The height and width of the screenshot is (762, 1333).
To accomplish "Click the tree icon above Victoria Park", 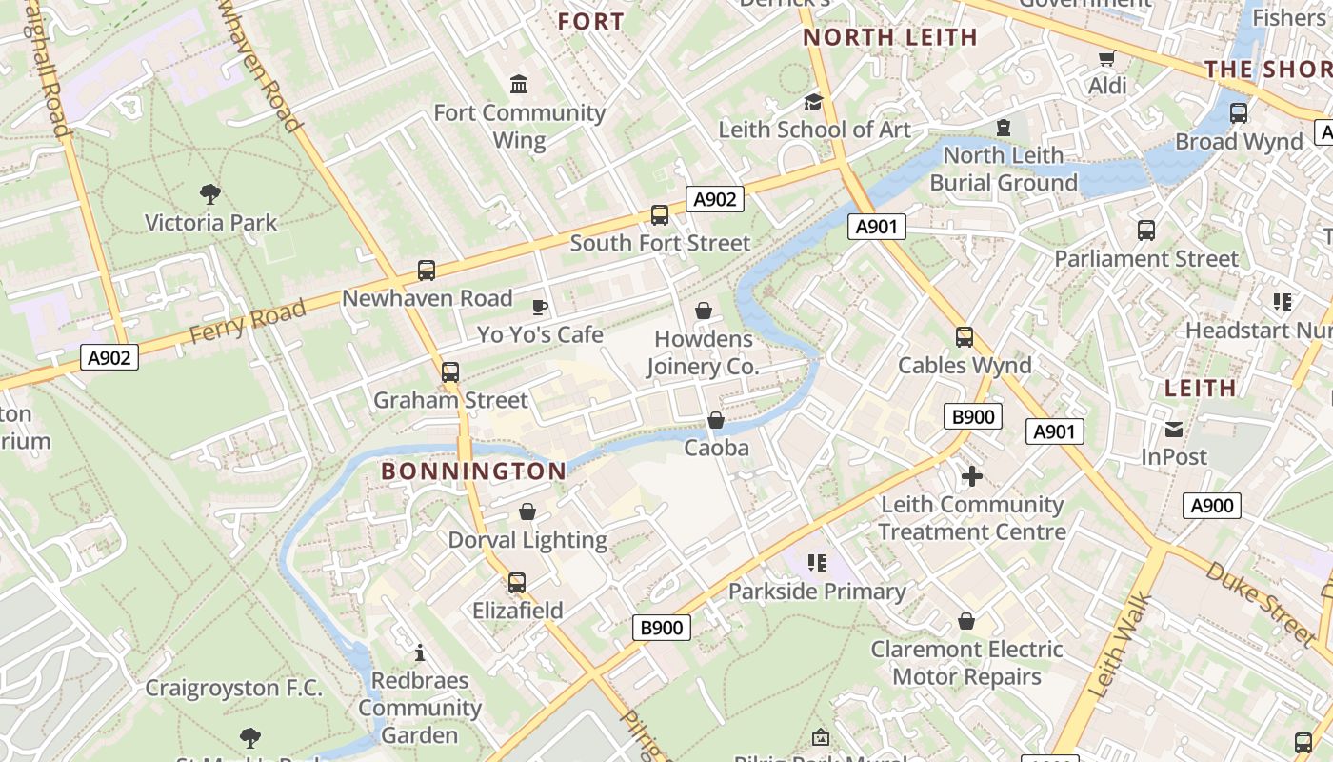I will coord(210,195).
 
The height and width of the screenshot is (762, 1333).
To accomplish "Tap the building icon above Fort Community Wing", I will coord(519,85).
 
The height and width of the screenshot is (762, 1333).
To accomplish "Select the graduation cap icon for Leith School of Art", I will coord(813,102).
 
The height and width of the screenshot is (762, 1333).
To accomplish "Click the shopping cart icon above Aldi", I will coord(1106,59).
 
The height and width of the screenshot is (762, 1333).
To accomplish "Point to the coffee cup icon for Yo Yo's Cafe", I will coord(540,307).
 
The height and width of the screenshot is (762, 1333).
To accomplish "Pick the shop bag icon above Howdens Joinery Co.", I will coord(703,311).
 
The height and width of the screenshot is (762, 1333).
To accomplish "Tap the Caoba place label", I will coord(716,448).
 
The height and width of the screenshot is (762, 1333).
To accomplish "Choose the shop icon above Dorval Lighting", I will coord(527,512).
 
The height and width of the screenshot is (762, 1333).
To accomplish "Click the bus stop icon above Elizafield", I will coord(517,582).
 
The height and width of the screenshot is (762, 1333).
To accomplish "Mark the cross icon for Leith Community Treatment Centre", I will coord(971,476).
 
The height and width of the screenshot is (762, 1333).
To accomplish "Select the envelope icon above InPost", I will coord(1173,430).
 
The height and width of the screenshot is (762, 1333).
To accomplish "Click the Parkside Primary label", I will coord(817,592).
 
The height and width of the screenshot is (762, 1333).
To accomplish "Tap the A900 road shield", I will coord(1212,506).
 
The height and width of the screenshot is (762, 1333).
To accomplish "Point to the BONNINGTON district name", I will coord(473,471).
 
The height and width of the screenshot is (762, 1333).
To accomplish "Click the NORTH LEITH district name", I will coord(889,37).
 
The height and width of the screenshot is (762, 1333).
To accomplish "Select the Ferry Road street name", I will coord(248,320).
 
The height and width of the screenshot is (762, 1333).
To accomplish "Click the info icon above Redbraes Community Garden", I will coord(419,653).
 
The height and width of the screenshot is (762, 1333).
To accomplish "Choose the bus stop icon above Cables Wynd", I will coord(965,337).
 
